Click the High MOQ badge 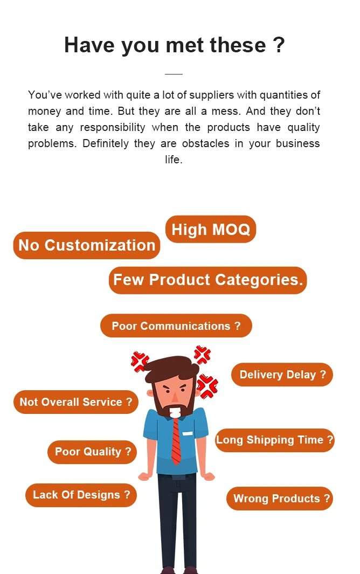tap(211, 230)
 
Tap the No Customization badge tap(87, 246)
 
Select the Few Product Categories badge tap(207, 280)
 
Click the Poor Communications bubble tap(176, 326)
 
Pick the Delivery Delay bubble tap(282, 375)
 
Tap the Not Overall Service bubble tap(75, 402)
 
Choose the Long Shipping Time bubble tap(274, 440)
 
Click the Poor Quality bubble tap(92, 452)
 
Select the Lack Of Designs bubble tap(81, 495)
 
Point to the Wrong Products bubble tap(280, 499)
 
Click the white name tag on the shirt tap(187, 433)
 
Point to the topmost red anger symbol tap(202, 355)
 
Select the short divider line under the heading tap(174, 74)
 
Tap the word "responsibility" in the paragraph tap(113, 128)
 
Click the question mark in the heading tap(279, 45)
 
